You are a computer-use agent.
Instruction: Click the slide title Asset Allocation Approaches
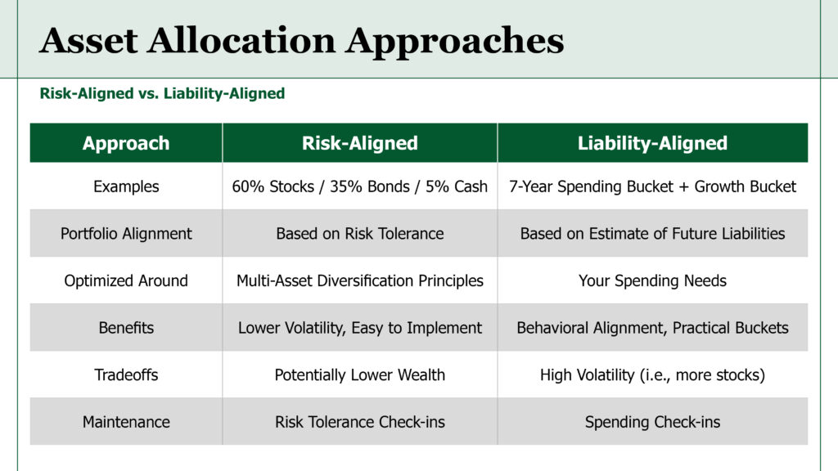[301, 41]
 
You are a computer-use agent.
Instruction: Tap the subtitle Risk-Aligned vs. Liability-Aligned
[162, 93]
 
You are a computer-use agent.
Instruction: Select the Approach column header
[126, 143]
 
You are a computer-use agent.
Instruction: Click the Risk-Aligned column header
[360, 143]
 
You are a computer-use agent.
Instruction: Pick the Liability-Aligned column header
[652, 143]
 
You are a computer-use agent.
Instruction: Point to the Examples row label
[126, 186]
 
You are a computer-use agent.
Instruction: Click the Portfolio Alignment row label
[126, 233]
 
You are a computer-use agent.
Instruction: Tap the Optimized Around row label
[126, 280]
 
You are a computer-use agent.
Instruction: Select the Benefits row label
[126, 327]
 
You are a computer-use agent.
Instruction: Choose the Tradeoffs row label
[126, 375]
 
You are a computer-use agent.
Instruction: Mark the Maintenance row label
[126, 422]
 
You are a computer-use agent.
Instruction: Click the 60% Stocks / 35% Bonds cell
[360, 186]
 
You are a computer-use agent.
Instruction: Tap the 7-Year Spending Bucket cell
[652, 186]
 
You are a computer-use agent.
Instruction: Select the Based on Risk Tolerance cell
[360, 233]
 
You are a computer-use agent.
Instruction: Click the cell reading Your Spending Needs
[652, 280]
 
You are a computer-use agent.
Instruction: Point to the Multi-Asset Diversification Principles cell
[360, 280]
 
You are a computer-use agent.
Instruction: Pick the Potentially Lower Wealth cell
[360, 375]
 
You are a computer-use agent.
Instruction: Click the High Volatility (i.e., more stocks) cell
[652, 375]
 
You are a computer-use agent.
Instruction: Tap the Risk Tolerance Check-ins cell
[360, 422]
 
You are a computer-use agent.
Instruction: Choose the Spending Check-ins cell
[652, 422]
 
